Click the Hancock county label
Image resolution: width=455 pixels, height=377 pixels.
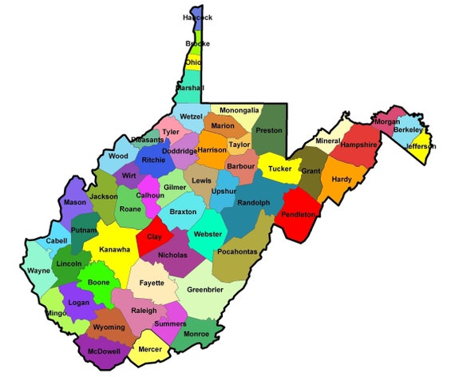pos(197,17)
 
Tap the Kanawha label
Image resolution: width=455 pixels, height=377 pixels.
pos(114,250)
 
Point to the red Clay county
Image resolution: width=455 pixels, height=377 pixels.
pos(154,237)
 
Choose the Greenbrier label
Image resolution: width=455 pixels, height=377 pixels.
pos(205,290)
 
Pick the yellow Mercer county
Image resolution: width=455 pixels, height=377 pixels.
pos(149,349)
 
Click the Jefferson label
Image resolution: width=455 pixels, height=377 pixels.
pos(421,147)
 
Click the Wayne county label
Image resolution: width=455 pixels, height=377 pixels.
pos(38,271)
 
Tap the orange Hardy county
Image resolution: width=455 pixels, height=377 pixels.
pos(342,179)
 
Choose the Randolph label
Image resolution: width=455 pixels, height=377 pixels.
pos(254,203)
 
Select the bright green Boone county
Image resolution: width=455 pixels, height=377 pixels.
pos(99,283)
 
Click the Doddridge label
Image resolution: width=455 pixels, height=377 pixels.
pos(180,151)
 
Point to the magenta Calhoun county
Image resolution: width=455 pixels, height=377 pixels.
pos(150,195)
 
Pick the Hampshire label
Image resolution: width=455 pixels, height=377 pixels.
pos(358,145)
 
